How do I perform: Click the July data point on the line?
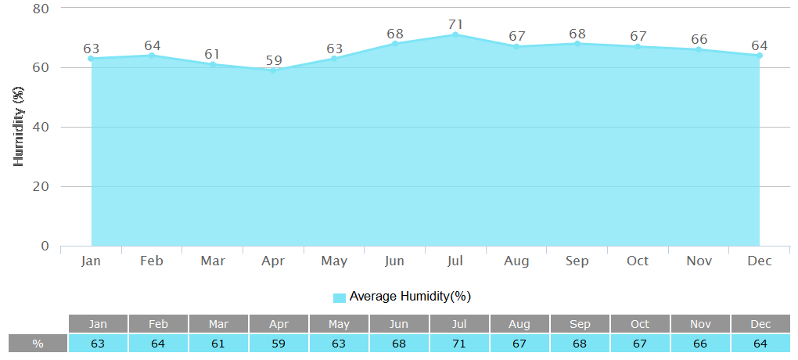(x=455, y=34)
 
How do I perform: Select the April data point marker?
(x=273, y=70)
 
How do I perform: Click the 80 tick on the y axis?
(x=41, y=9)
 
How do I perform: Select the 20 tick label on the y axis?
(x=41, y=187)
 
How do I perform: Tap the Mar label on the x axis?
(x=213, y=261)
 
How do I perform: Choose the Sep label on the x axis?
(x=577, y=261)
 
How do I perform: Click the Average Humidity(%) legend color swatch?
(x=339, y=297)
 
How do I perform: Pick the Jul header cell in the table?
(x=459, y=324)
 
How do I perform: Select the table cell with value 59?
(x=279, y=344)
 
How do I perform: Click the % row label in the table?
(x=38, y=344)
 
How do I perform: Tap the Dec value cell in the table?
(x=760, y=344)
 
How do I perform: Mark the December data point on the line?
(x=759, y=56)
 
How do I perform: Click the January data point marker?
(x=91, y=59)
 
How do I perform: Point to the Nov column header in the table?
(x=700, y=324)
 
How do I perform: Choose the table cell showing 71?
(x=459, y=344)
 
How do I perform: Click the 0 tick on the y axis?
(x=45, y=247)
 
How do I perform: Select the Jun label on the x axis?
(x=395, y=261)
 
